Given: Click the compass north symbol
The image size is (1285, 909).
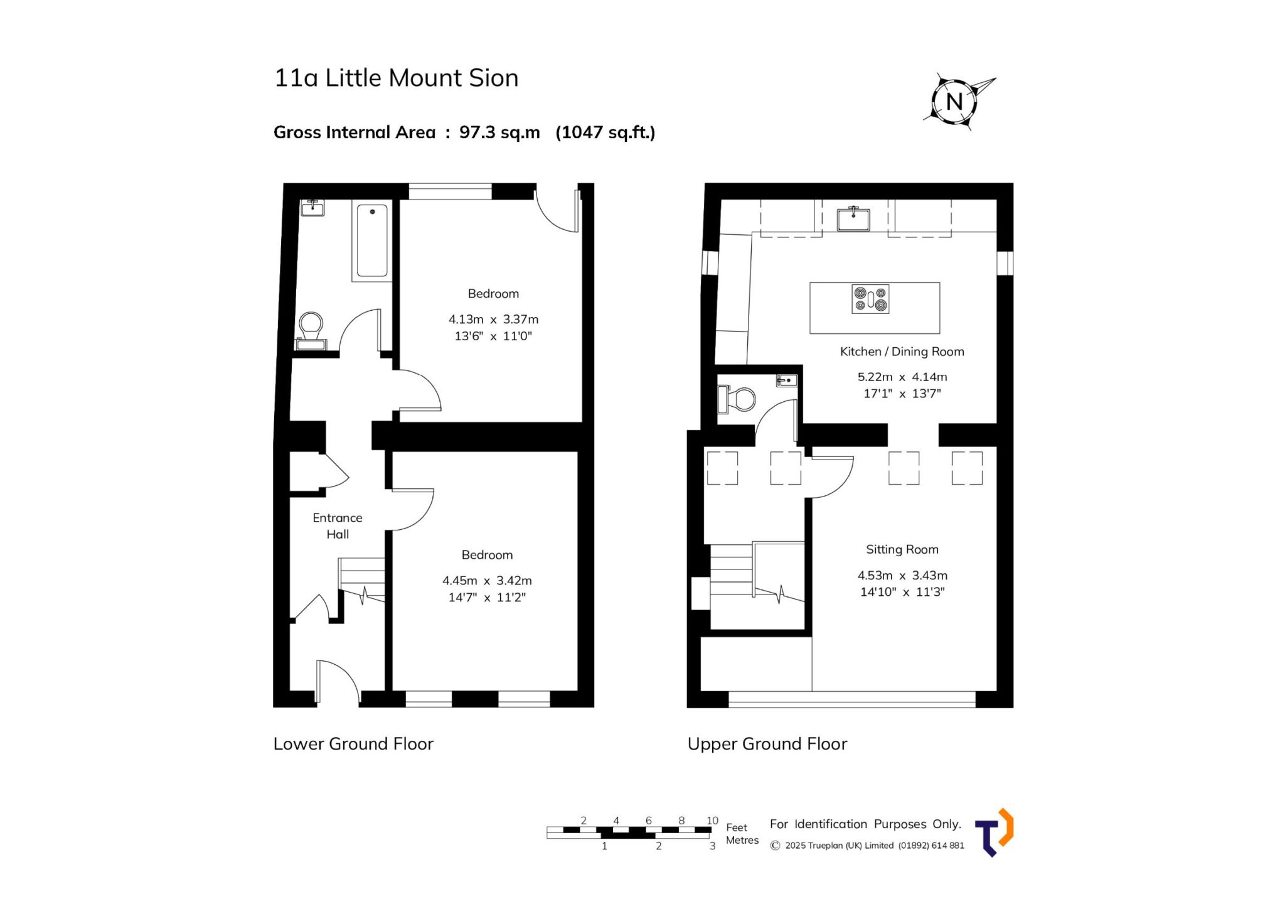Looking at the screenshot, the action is [x=954, y=101].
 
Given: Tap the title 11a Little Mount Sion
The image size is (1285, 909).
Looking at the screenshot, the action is [x=397, y=78].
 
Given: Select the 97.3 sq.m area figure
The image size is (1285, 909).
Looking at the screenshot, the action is [x=499, y=132].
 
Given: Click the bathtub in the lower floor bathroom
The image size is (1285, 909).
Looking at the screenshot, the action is [x=372, y=240].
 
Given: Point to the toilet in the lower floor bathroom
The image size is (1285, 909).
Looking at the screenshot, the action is [x=311, y=330].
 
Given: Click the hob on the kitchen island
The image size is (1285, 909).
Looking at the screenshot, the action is [x=870, y=299].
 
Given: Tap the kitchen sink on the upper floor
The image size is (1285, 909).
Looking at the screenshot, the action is [x=853, y=219].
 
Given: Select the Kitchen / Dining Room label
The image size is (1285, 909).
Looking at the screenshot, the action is [x=902, y=352].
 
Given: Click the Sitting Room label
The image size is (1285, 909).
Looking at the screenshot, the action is [x=902, y=549].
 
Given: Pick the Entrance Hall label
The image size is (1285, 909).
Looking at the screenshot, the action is [x=338, y=526].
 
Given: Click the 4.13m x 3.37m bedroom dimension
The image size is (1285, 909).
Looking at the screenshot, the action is [x=493, y=320].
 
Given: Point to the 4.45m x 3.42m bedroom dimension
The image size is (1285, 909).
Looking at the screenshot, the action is [x=487, y=581].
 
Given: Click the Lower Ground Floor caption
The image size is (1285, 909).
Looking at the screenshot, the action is [x=353, y=744].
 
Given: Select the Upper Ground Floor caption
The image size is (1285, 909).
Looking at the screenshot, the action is [x=767, y=744].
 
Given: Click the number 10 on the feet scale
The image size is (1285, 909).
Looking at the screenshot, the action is [x=712, y=820].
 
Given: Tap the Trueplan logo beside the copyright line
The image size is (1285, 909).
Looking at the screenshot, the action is [x=994, y=832].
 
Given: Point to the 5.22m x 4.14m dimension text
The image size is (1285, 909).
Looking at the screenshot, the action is [x=902, y=377].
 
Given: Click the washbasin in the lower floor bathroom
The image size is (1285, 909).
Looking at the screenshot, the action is [x=312, y=207].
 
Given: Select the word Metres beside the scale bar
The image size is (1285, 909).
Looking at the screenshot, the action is [x=742, y=840].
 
